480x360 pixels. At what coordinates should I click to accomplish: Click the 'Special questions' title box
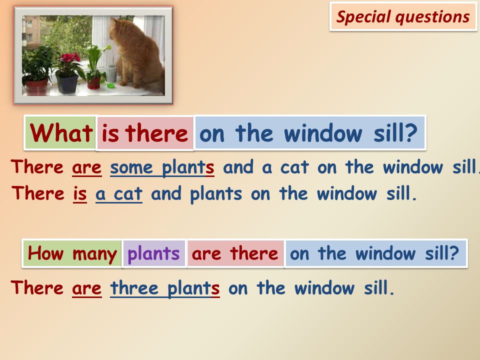[x=403, y=16]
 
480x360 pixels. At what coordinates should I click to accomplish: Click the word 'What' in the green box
[x=61, y=133]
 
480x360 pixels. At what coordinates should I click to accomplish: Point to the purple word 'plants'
[x=153, y=254]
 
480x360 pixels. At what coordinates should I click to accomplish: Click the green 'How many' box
[x=72, y=253]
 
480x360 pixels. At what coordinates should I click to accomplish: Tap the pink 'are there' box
[x=235, y=253]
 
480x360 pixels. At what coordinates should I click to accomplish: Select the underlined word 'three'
[x=134, y=288]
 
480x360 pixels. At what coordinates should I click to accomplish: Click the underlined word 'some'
[x=131, y=167]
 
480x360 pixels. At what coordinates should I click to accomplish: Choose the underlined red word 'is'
[x=80, y=194]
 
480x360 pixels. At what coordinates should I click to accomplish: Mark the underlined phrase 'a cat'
[x=119, y=194]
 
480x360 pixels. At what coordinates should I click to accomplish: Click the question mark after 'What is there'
[x=411, y=132]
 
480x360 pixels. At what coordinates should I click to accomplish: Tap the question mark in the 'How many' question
[x=454, y=253]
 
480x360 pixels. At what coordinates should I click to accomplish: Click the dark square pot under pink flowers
[x=67, y=84]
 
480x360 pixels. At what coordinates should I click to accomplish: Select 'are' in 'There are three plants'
[x=86, y=288]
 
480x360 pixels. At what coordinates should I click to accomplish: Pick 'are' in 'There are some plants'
[x=86, y=168]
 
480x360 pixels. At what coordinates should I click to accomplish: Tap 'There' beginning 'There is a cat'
[x=38, y=193]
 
